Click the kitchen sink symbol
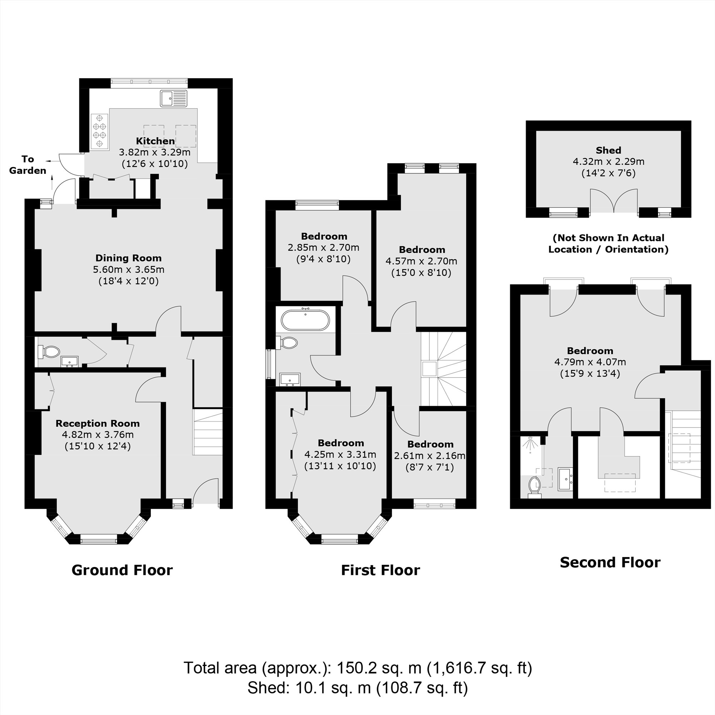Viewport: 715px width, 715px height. (x=174, y=98)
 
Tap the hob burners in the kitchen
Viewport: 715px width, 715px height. (x=99, y=131)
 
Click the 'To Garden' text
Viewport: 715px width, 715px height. (x=28, y=165)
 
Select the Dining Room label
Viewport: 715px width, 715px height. (x=128, y=258)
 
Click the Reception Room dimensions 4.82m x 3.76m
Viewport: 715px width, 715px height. (x=98, y=434)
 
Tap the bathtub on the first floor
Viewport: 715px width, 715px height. (x=305, y=320)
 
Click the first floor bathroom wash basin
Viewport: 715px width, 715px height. (x=290, y=380)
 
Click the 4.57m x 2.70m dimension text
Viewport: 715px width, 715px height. (x=421, y=261)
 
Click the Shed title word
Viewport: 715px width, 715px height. (x=608, y=150)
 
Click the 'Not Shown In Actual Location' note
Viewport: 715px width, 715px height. (x=608, y=243)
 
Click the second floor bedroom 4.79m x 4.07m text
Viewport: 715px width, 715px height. (x=590, y=362)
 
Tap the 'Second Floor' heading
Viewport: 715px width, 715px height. (x=610, y=562)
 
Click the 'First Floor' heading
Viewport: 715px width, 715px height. (x=380, y=570)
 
